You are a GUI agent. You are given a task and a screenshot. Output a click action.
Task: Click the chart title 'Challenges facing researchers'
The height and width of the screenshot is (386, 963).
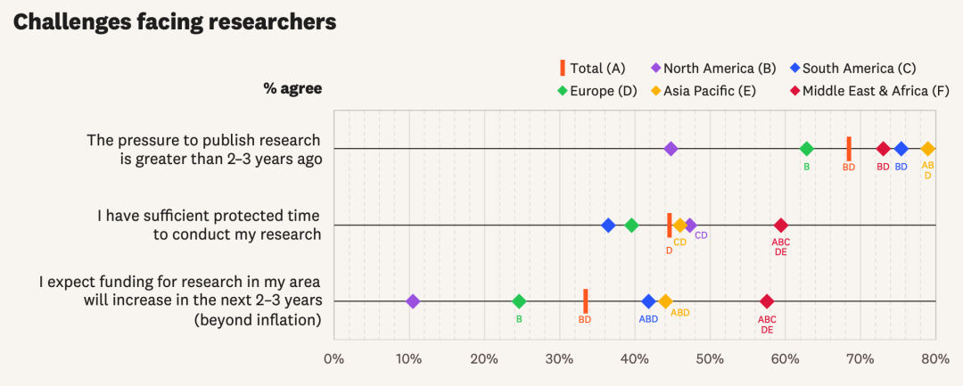click(175, 22)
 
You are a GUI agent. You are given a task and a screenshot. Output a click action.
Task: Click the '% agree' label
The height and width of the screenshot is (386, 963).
click(292, 88)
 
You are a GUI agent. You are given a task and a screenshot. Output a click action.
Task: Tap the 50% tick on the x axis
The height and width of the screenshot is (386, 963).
click(710, 358)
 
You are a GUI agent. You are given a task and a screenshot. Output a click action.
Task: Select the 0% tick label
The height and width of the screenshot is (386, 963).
click(333, 358)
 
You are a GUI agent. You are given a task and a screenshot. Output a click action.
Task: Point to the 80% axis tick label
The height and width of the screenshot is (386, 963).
click(934, 358)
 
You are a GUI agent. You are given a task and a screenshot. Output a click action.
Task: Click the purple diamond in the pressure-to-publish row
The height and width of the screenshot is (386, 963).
click(671, 149)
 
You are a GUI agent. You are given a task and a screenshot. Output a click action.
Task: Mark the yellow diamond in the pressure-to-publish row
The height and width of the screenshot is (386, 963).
click(927, 149)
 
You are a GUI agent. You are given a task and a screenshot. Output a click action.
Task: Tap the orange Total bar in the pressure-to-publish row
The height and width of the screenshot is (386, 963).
click(849, 149)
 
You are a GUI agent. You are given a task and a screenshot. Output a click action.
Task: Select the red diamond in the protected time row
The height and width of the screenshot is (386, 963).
click(781, 226)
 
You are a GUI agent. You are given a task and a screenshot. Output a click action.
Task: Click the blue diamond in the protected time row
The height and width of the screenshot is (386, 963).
click(608, 226)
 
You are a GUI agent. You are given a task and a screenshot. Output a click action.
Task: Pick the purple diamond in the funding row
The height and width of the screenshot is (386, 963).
click(413, 301)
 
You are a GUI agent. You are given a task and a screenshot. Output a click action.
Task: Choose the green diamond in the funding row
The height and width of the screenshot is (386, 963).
click(519, 301)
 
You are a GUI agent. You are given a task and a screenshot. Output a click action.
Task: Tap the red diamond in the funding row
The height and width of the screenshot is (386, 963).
click(767, 301)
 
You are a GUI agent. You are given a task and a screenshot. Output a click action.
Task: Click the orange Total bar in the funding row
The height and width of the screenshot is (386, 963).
click(586, 301)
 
